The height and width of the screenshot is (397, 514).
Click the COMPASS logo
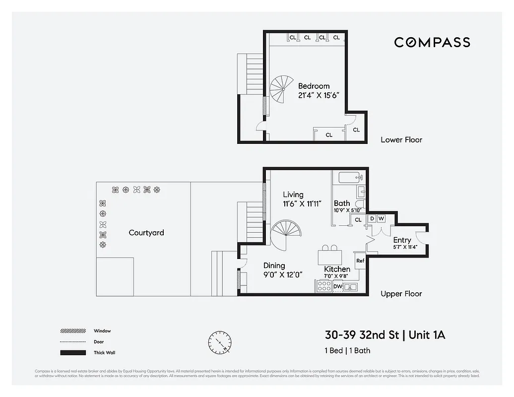pyautogui.click(x=432, y=42)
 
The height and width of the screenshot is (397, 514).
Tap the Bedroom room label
pyautogui.click(x=314, y=86)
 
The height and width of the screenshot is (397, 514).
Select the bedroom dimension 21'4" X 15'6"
pyautogui.click(x=318, y=95)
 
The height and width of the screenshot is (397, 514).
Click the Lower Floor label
pyautogui.click(x=401, y=140)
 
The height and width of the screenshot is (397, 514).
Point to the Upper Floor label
pyautogui.click(x=401, y=294)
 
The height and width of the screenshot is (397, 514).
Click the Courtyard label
pyautogui.click(x=146, y=233)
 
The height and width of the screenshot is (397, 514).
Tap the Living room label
pyautogui.click(x=293, y=195)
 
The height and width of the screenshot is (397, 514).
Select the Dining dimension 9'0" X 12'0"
pyautogui.click(x=283, y=274)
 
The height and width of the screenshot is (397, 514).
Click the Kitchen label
pyautogui.click(x=337, y=269)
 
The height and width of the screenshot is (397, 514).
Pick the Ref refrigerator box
pyautogui.click(x=360, y=261)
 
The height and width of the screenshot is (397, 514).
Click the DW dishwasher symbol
pyautogui.click(x=337, y=286)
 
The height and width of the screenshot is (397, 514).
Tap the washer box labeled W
pyautogui.click(x=382, y=219)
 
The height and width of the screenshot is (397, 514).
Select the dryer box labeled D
pyautogui.click(x=372, y=219)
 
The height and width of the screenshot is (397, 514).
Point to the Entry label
pyautogui.click(x=402, y=240)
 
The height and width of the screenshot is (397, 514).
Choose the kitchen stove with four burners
pyautogui.click(x=323, y=286)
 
